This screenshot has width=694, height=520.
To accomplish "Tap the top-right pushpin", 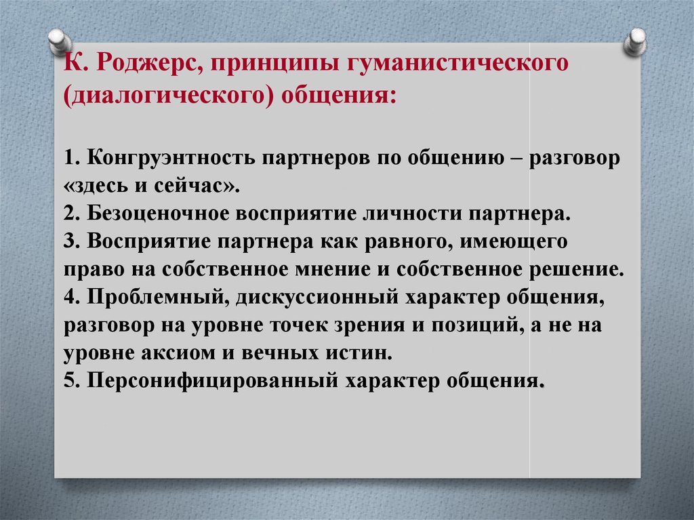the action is [x=635, y=41].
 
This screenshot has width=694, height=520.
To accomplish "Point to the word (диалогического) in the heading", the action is [x=168, y=96].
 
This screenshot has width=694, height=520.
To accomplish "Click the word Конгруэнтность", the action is [x=171, y=159].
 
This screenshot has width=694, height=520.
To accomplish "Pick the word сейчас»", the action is [x=197, y=186].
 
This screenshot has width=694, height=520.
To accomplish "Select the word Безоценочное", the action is [x=158, y=214].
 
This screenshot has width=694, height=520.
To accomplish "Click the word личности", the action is [x=413, y=214].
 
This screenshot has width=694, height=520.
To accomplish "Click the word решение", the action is [x=577, y=270].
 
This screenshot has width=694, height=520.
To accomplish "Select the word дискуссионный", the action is [x=317, y=297].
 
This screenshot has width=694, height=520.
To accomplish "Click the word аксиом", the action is [x=182, y=353].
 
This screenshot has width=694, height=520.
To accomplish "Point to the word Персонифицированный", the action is [x=213, y=381].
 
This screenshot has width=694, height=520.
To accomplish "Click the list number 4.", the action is [x=70, y=297].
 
